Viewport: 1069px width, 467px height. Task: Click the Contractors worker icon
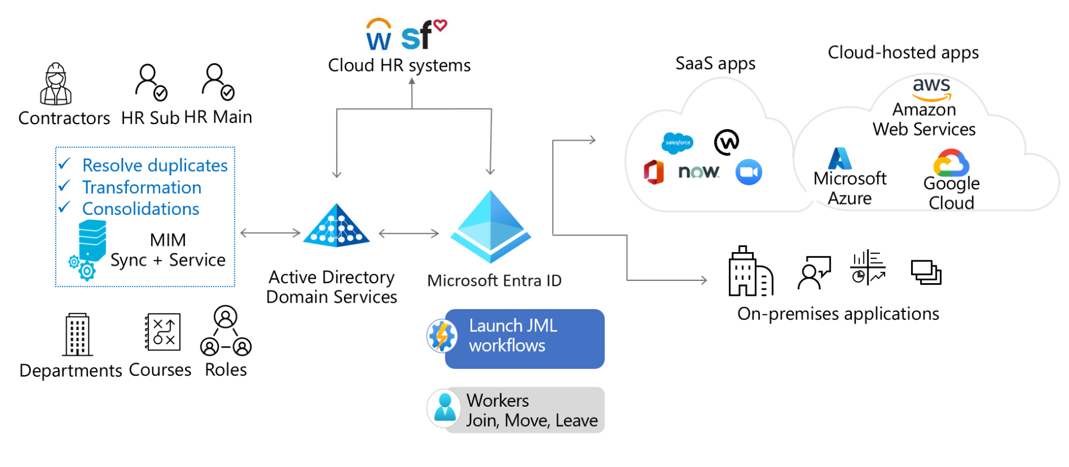click(56, 84)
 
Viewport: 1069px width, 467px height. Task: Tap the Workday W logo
click(379, 36)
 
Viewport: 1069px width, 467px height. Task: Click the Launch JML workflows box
click(524, 338)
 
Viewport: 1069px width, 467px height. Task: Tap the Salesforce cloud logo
click(677, 142)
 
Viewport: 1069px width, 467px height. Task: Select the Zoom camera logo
click(748, 172)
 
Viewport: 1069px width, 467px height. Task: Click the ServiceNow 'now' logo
click(698, 172)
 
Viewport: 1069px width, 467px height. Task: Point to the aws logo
click(931, 88)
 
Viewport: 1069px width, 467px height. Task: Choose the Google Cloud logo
click(951, 163)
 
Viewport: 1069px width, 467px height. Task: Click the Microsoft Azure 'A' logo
click(840, 159)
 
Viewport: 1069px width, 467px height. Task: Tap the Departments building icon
click(78, 335)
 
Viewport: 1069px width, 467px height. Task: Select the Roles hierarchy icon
click(226, 331)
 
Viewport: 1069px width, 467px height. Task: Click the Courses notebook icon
click(163, 331)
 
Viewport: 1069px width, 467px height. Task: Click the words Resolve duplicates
click(155, 165)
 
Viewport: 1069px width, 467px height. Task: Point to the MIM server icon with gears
click(88, 250)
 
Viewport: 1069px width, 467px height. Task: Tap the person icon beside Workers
click(445, 408)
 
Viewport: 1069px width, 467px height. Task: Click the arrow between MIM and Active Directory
click(270, 233)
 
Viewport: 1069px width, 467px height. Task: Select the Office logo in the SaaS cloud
click(654, 172)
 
